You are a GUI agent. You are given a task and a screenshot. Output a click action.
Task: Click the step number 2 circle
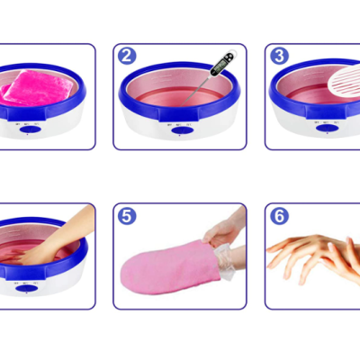tap(128, 56)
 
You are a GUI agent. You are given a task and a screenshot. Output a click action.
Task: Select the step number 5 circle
tap(128, 216)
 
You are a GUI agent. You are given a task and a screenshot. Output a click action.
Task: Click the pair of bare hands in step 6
tap(315, 256)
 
